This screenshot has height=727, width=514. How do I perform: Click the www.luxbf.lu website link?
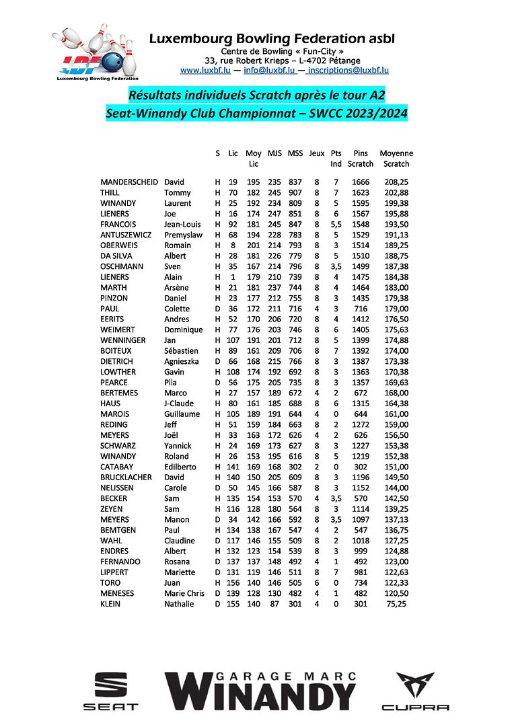click(206, 70)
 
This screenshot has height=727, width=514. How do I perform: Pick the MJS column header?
click(274, 153)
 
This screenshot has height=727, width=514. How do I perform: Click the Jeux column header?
click(316, 153)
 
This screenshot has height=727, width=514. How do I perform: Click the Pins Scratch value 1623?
click(361, 192)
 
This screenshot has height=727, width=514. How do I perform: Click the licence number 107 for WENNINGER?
click(233, 340)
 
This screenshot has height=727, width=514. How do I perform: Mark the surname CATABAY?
click(117, 467)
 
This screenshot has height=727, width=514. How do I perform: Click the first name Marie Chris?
click(184, 593)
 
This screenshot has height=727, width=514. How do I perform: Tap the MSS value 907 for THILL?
click(295, 192)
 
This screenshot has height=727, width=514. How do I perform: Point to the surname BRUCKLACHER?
click(126, 477)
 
